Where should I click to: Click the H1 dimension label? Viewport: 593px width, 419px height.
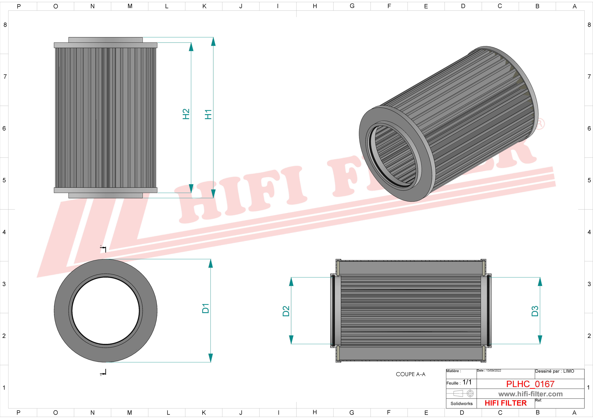point(208,114)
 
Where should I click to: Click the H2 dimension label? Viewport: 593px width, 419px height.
point(186,114)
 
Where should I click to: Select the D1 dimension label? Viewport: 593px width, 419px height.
point(205,309)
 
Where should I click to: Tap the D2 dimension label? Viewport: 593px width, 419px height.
point(286,311)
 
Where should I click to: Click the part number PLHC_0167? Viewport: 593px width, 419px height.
point(530,384)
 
